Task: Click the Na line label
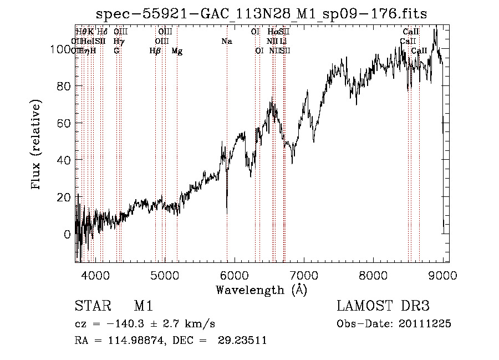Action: point(226,42)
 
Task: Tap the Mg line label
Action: point(177,51)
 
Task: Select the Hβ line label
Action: point(155,51)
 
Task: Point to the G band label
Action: point(116,51)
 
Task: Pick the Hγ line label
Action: point(119,42)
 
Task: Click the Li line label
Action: point(283,42)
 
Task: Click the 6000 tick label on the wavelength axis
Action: point(234,275)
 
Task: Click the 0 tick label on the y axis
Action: point(67,234)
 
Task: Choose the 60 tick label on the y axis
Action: point(63,123)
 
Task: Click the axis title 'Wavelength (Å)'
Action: point(262,290)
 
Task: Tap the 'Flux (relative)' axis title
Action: point(37,146)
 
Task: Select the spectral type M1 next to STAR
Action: point(143,306)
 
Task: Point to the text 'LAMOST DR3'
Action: point(383,306)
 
